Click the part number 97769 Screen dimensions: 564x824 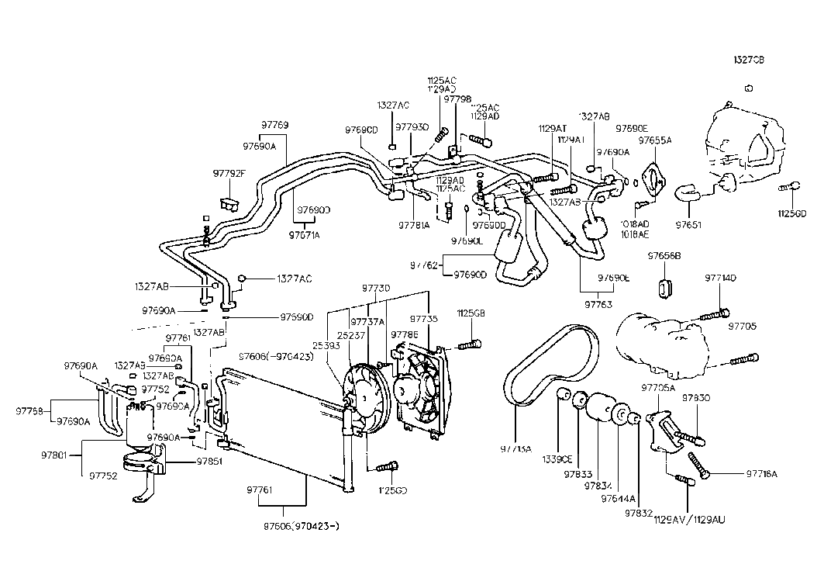click(x=274, y=124)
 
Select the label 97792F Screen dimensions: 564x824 click(x=229, y=173)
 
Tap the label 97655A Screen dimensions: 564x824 click(x=654, y=140)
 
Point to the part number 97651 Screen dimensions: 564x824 click(x=688, y=225)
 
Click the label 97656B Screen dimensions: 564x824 click(x=664, y=255)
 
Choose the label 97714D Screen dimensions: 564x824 click(x=720, y=277)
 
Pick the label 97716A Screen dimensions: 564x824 click(x=761, y=473)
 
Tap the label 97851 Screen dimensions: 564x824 click(x=188, y=461)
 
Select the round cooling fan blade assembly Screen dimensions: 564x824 click(x=367, y=393)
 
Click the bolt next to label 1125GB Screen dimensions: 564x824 click(x=467, y=344)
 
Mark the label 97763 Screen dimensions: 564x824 click(x=597, y=305)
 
